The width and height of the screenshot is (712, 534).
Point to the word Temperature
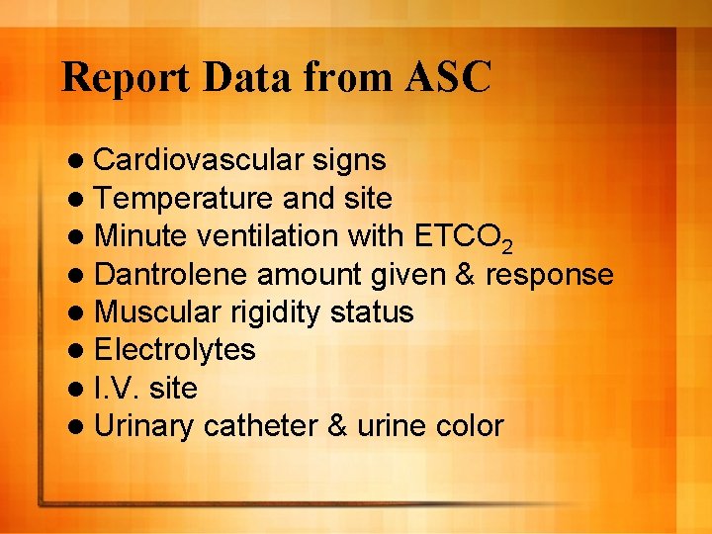tap(185, 198)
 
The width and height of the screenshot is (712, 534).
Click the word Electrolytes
tap(175, 350)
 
